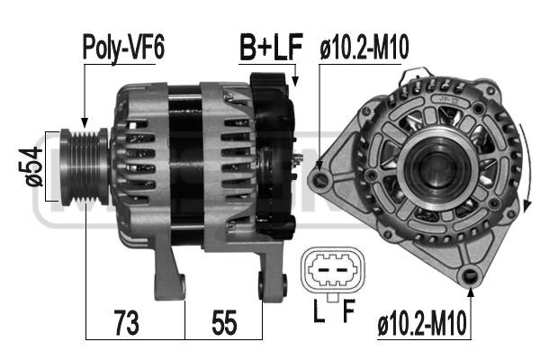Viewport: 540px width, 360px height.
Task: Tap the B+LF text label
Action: pyautogui.click(x=269, y=47)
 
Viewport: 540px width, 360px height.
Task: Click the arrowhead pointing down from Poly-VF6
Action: pyautogui.click(x=83, y=122)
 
